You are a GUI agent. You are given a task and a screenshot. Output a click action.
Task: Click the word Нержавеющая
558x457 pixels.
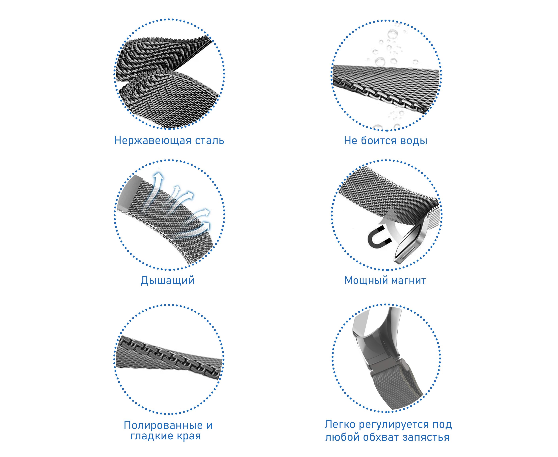click(153, 141)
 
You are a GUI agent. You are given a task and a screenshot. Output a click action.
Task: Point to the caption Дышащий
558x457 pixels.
click(168, 280)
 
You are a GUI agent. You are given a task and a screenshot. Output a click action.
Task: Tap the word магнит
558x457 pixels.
click(406, 281)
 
